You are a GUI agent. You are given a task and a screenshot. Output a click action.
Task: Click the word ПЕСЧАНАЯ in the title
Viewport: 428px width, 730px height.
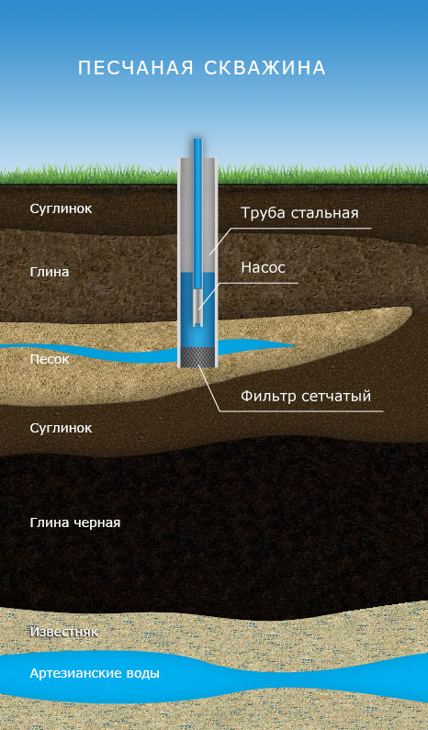136,68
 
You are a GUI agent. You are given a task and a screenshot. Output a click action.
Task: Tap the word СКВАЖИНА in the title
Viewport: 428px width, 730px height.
265,68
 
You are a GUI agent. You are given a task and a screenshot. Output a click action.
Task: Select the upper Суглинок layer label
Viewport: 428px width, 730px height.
61,209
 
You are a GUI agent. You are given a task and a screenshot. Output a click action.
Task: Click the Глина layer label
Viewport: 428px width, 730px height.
50,272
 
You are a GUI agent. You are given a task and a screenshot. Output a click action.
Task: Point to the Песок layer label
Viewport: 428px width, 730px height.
50,359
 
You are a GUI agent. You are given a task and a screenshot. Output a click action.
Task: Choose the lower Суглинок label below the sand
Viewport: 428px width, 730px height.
61,428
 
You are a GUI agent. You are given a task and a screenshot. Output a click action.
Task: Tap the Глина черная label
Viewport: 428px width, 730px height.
75,522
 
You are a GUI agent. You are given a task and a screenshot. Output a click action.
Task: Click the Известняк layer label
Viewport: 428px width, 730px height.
63,633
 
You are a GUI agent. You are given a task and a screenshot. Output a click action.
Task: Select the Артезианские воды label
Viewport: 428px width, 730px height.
95,674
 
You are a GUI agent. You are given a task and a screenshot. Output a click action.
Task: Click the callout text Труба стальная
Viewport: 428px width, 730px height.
299,213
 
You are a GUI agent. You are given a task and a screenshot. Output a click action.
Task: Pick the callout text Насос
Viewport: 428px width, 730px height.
263,268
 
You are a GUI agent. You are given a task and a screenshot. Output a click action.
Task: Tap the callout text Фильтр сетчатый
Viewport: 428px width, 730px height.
306,396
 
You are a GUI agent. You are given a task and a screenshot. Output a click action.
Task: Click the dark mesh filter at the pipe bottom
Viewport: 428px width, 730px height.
197,356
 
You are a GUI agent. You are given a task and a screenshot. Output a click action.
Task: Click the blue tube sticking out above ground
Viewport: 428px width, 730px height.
198,147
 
